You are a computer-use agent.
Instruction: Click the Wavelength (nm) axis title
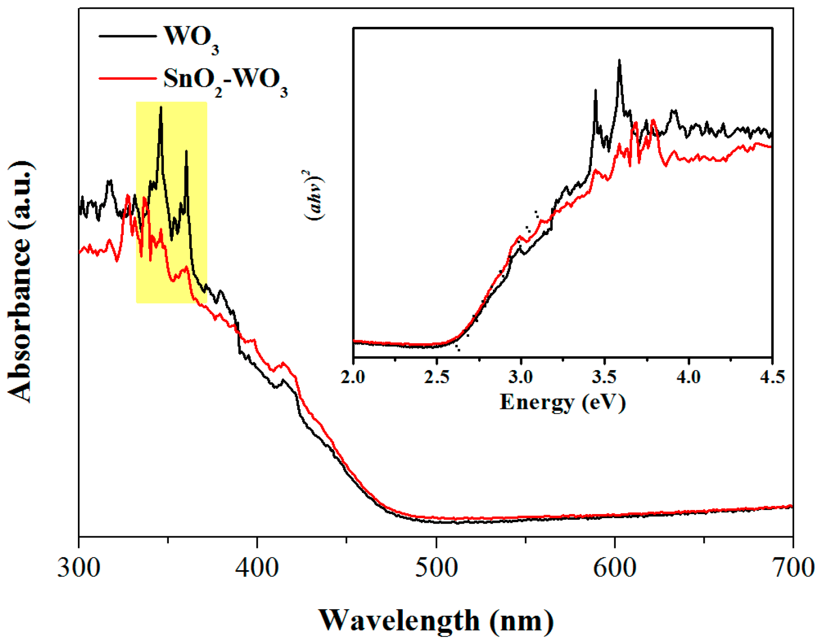pos(436,620)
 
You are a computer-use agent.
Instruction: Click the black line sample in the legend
pos(127,36)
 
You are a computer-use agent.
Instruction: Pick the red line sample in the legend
pos(127,78)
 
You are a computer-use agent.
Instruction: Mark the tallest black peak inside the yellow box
pos(161,108)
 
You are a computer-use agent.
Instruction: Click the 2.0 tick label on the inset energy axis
pos(353,377)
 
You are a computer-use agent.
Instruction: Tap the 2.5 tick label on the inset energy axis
pos(437,377)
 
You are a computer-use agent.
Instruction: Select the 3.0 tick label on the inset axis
pos(521,377)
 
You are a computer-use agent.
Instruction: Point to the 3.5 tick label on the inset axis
pos(605,377)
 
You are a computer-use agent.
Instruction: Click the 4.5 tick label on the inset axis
pos(771,377)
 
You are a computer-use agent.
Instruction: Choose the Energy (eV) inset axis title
pos(563,402)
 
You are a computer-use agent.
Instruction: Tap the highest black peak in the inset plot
pos(619,61)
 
